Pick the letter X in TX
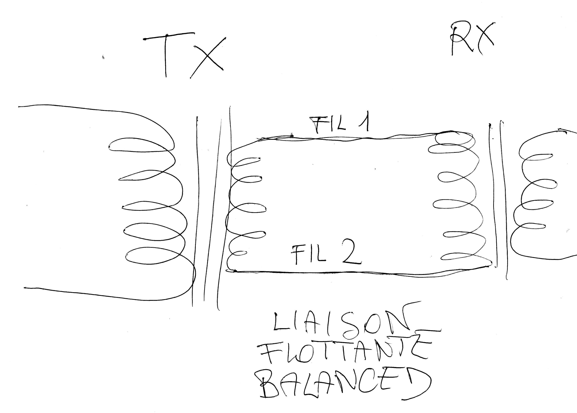tap(208, 58)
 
